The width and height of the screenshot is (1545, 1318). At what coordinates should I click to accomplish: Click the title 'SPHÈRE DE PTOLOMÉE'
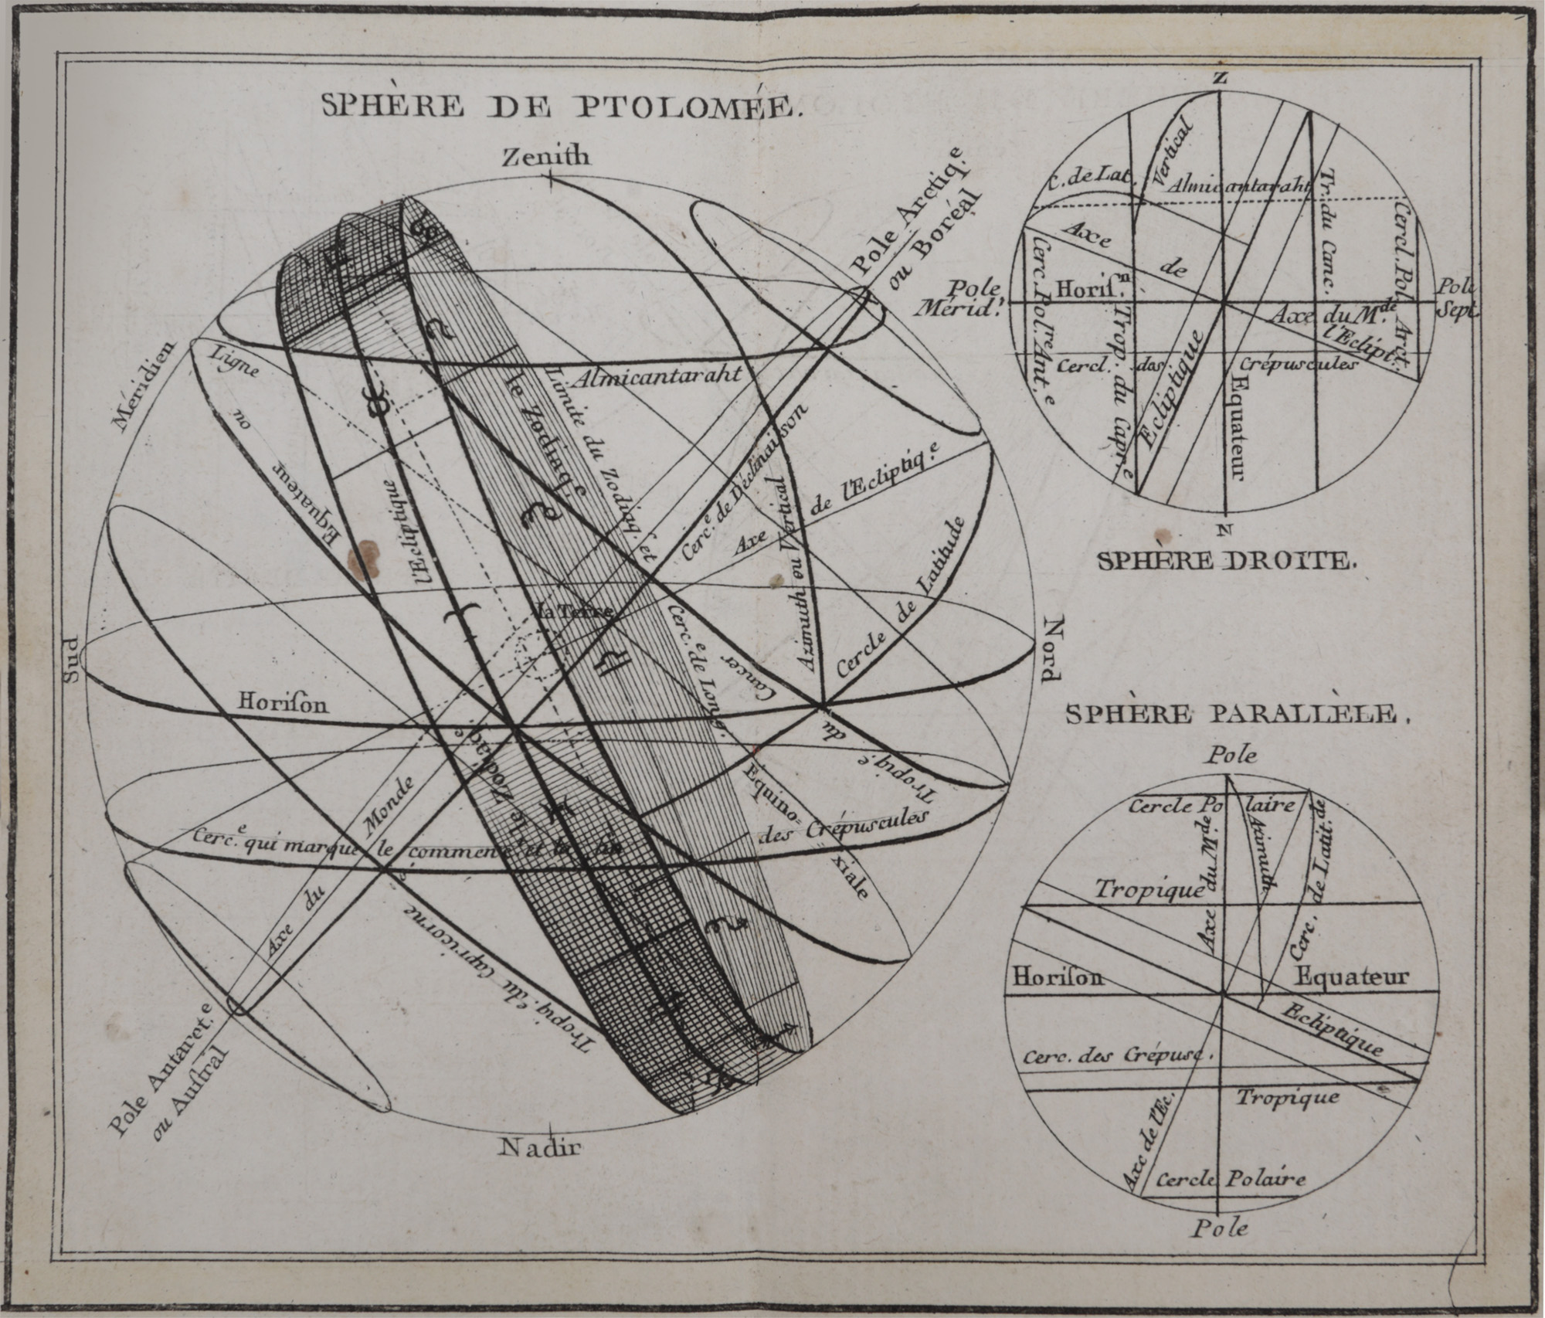pos(558,105)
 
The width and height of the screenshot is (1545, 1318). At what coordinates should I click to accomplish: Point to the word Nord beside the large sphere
pos(1051,650)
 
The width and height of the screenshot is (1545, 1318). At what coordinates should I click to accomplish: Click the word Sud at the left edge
pos(72,662)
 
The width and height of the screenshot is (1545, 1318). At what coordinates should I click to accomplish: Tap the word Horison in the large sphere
pos(283,703)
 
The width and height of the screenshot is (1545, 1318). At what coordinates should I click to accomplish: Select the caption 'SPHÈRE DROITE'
pos(1227,561)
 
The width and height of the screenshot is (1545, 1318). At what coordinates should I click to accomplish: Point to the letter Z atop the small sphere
pos(1220,78)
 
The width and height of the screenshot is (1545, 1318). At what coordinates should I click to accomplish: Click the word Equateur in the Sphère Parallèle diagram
pos(1352,977)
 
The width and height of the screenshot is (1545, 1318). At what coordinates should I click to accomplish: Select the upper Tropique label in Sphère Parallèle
pos(1149,889)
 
